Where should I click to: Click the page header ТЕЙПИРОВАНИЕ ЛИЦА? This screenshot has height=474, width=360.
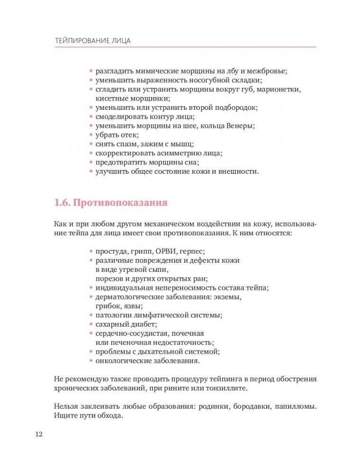pos(93,41)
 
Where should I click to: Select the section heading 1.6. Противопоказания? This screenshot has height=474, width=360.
pos(111,203)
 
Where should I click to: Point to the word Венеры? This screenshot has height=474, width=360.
pos(239,126)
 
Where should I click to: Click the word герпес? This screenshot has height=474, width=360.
pos(195,251)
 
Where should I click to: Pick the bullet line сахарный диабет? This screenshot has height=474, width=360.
pos(126,324)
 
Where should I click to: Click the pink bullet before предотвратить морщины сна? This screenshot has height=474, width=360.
pos(91,162)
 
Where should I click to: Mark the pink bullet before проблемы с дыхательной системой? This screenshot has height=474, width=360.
pos(91,352)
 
